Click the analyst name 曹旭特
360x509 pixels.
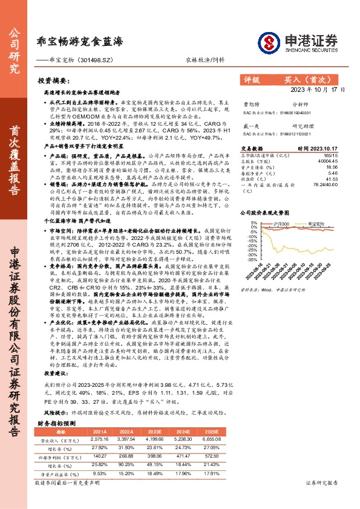point(250,104)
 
